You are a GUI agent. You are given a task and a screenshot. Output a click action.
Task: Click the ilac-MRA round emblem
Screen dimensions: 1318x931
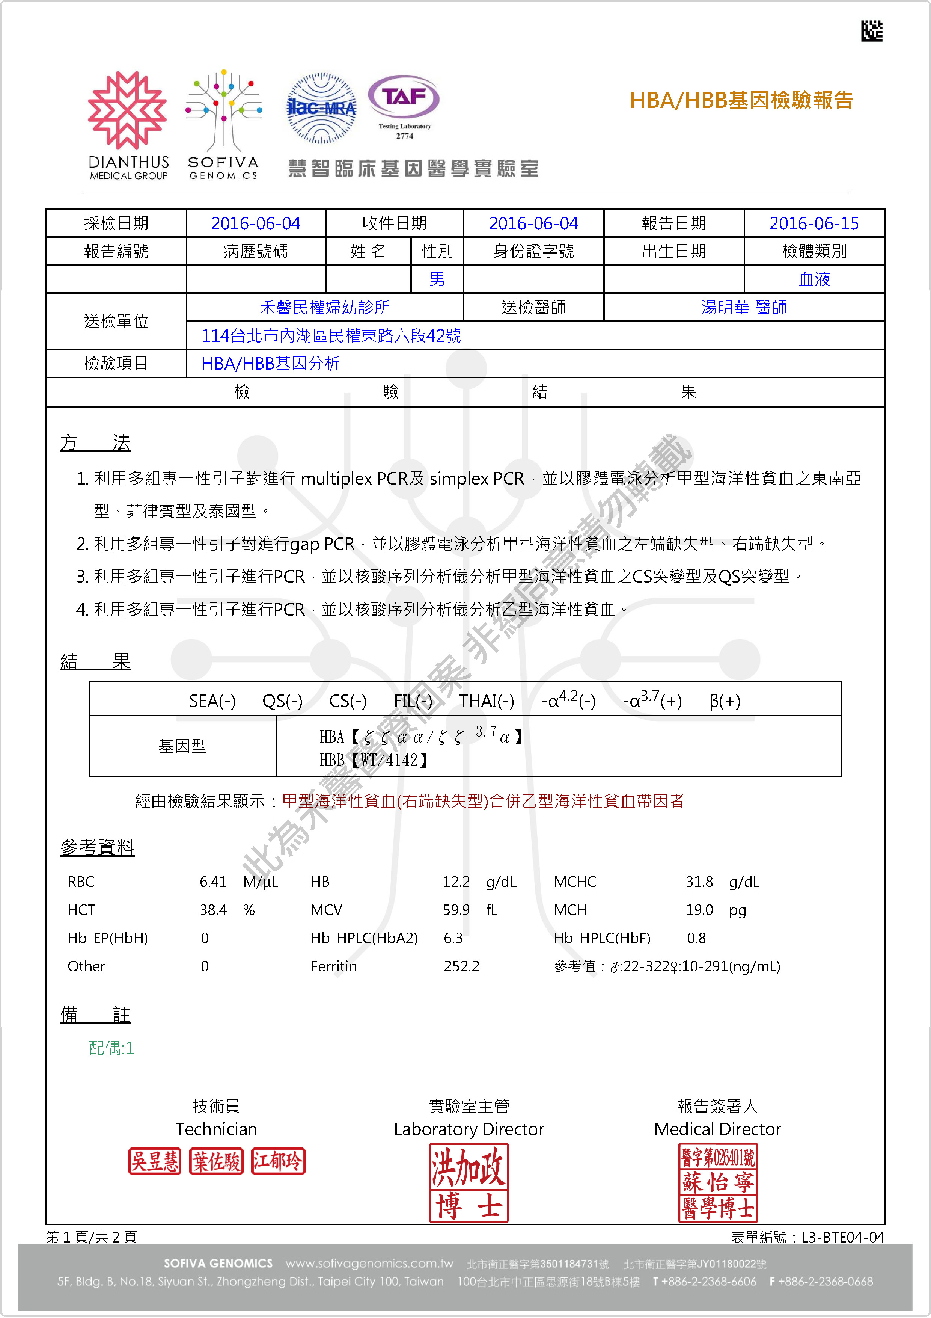321,108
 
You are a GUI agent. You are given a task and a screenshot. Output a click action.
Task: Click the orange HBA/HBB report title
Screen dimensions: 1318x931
741,100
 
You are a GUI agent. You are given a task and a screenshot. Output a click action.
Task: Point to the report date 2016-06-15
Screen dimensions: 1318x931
813,223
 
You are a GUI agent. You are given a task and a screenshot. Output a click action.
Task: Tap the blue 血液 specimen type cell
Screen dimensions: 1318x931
814,279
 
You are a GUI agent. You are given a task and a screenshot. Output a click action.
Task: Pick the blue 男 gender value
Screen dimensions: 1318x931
437,279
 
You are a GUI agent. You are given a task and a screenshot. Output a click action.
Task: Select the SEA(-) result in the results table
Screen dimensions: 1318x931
212,701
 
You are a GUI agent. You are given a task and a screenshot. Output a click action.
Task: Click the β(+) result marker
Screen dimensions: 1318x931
725,701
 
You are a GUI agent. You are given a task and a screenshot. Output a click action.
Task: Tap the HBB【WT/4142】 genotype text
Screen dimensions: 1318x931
374,760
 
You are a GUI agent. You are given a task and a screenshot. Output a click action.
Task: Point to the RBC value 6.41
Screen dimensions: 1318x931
213,882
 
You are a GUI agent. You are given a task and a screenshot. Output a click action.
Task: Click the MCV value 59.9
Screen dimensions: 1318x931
456,910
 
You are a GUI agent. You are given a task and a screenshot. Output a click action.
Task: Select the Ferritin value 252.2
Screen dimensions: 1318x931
461,966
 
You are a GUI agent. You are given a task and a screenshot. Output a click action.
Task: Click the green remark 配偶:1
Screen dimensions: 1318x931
111,1048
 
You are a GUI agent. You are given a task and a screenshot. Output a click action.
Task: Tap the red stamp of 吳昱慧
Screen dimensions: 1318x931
155,1161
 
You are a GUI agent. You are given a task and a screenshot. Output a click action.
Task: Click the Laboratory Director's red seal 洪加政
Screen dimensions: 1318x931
469,1182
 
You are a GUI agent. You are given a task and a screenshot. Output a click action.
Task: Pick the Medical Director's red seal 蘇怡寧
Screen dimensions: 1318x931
718,1182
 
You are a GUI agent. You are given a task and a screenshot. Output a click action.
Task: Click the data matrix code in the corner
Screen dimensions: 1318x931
871,31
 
